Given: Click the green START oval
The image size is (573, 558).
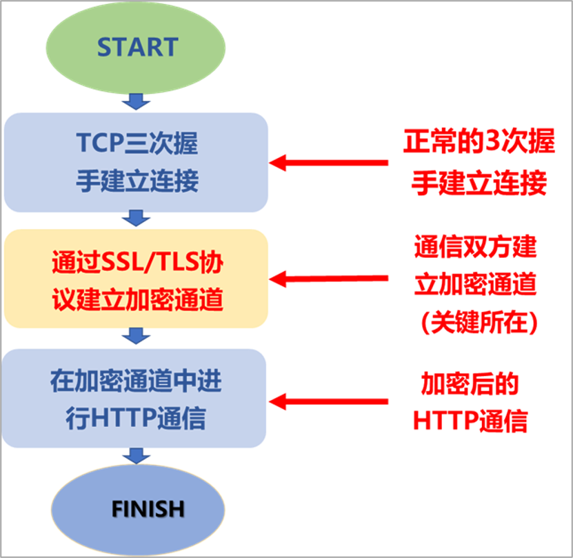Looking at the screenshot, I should [137, 48].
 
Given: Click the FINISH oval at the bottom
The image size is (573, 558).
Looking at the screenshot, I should [148, 509].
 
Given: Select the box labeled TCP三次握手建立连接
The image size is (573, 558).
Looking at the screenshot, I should [136, 163].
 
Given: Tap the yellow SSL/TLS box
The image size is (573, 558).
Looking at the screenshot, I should [136, 279].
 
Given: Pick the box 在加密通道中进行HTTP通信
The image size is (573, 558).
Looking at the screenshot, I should [136, 399].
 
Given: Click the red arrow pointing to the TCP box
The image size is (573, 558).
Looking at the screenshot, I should [328, 163].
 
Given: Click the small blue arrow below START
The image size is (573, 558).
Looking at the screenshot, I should [136, 103].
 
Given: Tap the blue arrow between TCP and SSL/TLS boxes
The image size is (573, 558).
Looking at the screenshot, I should [136, 219].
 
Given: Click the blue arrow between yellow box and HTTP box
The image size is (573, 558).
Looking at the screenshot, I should [136, 337].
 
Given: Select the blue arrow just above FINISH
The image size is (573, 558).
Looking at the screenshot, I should [136, 455].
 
